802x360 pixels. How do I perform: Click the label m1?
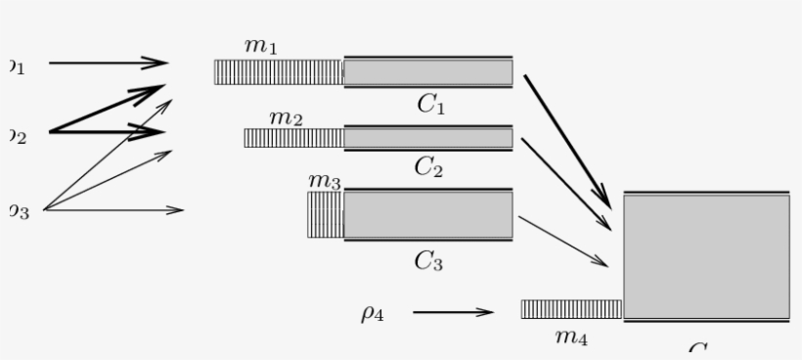(260, 46)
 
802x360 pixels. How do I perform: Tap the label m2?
(286, 117)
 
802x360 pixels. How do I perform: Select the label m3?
(324, 181)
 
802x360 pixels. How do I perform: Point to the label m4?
(571, 337)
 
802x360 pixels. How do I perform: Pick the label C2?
(428, 166)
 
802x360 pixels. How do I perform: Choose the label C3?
(428, 259)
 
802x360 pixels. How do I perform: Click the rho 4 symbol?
(372, 313)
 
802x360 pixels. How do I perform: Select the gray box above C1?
(427, 72)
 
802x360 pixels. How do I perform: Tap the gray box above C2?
(427, 138)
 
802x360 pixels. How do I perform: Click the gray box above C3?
(427, 215)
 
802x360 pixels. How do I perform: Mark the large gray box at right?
(706, 256)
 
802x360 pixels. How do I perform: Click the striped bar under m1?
(279, 72)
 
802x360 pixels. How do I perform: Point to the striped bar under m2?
(293, 138)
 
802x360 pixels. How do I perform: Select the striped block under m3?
(325, 215)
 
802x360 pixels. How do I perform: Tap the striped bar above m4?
(571, 309)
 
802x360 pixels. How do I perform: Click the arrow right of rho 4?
(453, 313)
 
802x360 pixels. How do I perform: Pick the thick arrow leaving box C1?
(566, 140)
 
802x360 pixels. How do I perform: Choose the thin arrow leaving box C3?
(562, 241)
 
